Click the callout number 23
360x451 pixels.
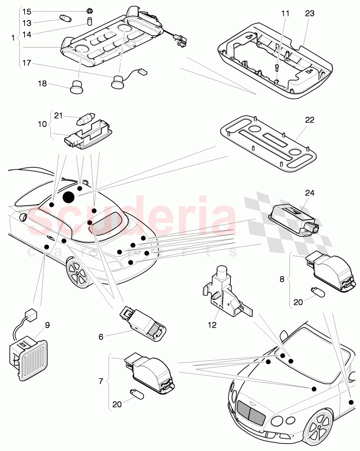310,13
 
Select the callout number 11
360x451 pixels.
285,13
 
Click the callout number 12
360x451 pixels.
212,325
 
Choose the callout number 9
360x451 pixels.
47,325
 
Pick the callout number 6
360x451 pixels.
101,337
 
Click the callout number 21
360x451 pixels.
58,116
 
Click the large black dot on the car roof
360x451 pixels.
68,198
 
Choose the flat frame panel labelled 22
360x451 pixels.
269,143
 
